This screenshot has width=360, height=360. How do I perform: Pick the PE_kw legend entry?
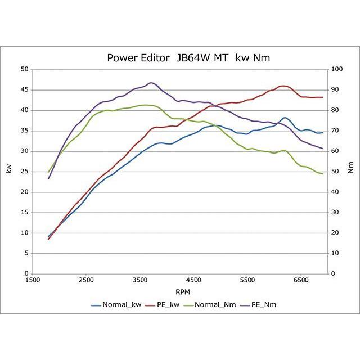coord(163,304)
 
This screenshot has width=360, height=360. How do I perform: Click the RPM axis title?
coord(182,292)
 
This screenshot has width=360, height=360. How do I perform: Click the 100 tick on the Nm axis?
coord(337,69)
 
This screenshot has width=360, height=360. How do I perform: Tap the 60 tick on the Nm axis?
coord(336,151)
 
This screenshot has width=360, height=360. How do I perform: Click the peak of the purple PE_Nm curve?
coord(151,83)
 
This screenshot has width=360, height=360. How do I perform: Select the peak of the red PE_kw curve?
coord(283,86)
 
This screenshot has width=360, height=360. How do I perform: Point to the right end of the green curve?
coord(322,173)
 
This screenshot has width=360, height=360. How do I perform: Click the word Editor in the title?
coord(151,58)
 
